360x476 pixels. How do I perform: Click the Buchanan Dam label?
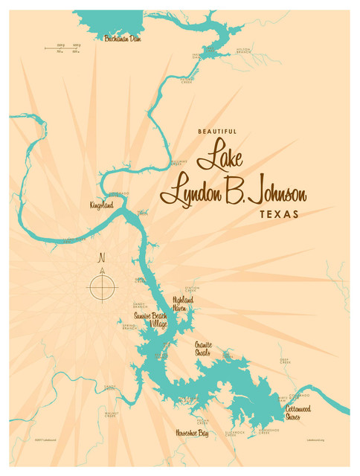pyautogui.click(x=123, y=39)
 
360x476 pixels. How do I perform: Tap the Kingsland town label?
pyautogui.click(x=101, y=204)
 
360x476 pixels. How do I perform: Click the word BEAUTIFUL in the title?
pyautogui.click(x=217, y=132)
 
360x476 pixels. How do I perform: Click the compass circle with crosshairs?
pyautogui.click(x=102, y=286)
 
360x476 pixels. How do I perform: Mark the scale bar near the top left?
pyautogui.click(x=62, y=49)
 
